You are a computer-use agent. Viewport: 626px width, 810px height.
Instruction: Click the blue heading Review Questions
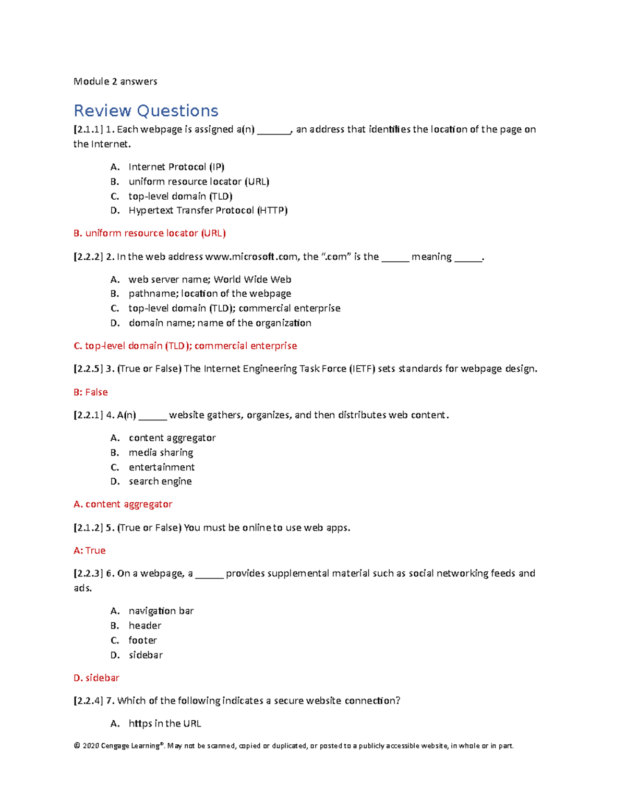[146, 111]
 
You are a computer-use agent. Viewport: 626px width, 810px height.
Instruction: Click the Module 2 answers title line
[115, 81]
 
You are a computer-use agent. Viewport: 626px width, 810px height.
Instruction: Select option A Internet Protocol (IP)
[176, 167]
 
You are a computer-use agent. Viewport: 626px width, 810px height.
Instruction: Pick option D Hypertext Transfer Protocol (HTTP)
[208, 210]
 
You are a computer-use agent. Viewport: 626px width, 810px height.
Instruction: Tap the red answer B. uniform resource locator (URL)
[150, 233]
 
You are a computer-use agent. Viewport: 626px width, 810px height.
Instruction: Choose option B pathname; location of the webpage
[210, 294]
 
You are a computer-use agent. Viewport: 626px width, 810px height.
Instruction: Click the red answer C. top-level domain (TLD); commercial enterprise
[185, 346]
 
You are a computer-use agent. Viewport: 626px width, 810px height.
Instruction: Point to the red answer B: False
[91, 392]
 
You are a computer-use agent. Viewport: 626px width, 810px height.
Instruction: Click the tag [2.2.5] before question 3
[88, 369]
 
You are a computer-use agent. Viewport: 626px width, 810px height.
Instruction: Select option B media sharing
[161, 453]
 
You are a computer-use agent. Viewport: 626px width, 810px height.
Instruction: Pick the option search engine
[160, 481]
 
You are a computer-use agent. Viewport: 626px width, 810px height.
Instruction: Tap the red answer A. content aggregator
[123, 504]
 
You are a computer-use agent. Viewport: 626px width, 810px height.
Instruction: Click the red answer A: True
[90, 551]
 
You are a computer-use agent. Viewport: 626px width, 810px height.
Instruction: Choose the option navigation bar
[161, 611]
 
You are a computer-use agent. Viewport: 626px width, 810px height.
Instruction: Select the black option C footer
[142, 640]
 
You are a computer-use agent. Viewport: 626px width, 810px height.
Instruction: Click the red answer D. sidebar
[97, 678]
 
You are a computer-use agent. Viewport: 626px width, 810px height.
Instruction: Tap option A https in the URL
[164, 723]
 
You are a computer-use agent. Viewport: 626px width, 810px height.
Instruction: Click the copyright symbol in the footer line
[77, 746]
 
